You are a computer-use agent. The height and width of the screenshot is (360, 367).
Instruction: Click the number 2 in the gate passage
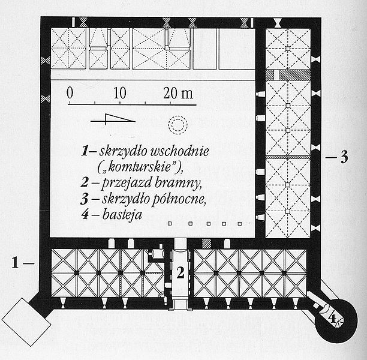(180, 272)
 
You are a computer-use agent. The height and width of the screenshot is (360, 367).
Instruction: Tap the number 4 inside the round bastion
(332, 319)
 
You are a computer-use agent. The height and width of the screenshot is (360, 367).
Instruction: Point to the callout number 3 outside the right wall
(344, 157)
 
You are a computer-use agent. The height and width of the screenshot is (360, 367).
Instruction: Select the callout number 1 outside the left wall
(15, 262)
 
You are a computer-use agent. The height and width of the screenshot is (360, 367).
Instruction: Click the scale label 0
(70, 93)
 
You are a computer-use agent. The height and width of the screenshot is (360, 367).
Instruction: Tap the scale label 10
(120, 93)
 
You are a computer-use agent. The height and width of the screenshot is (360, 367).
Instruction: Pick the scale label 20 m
(178, 93)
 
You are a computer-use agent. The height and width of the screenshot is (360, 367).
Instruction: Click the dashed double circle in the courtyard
(178, 117)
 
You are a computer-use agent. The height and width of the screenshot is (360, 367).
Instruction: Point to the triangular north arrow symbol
(113, 119)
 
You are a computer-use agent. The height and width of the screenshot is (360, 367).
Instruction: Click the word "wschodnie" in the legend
(179, 151)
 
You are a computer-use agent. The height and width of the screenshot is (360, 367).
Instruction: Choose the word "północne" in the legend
(179, 199)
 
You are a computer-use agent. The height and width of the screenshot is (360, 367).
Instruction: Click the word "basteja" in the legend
(122, 214)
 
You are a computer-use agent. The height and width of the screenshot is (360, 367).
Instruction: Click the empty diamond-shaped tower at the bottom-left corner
(26, 322)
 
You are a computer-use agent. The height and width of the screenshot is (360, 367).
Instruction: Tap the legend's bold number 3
(85, 199)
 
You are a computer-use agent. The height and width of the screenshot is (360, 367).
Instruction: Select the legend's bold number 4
(85, 214)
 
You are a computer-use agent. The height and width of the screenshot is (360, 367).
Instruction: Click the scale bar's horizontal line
(132, 104)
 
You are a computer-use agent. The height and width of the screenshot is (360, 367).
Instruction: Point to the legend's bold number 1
(85, 151)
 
